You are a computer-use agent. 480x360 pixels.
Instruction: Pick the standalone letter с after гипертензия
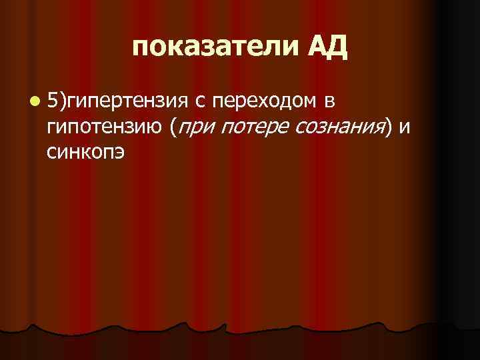[x=201, y=102]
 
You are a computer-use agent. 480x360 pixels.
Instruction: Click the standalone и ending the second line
[x=405, y=128]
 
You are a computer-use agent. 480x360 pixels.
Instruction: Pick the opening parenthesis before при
[x=173, y=127]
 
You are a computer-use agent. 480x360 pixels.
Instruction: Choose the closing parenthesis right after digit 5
[x=62, y=101]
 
